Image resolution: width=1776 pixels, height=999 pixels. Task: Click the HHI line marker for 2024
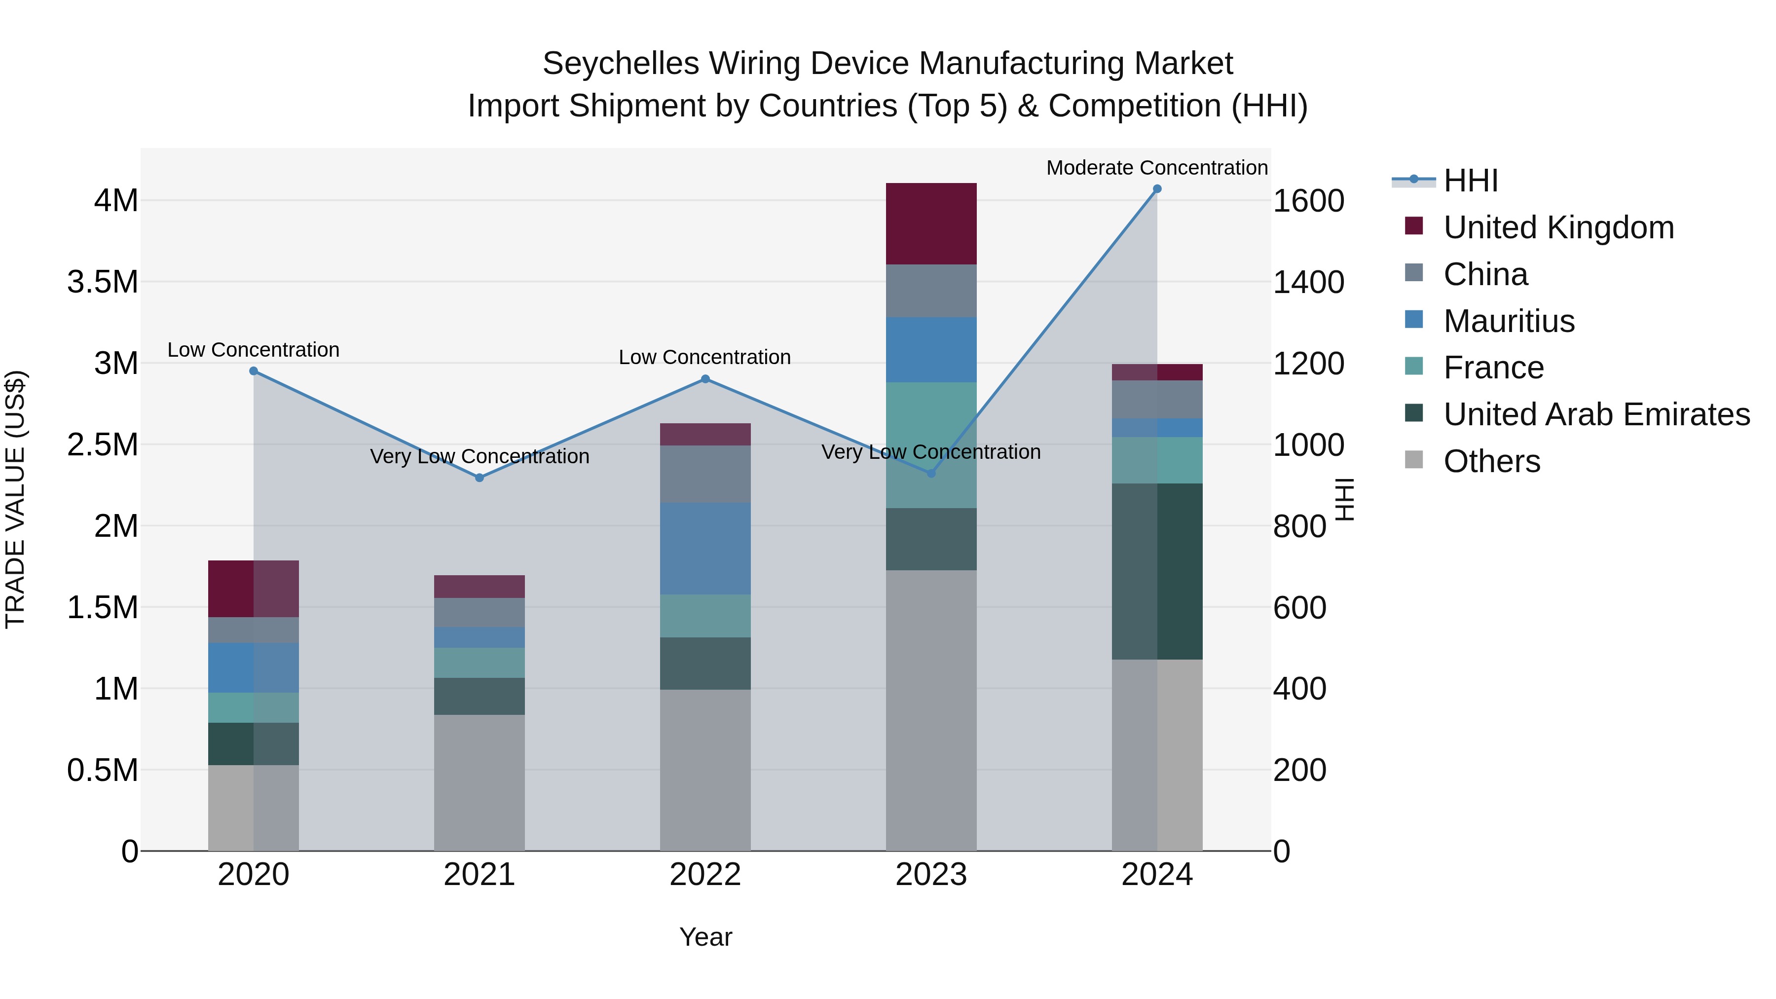pos(1157,189)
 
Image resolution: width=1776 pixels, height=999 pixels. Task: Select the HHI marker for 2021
pos(480,478)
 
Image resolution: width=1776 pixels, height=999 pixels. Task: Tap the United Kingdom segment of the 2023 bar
pos(931,223)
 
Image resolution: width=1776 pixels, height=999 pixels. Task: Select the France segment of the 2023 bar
pos(931,444)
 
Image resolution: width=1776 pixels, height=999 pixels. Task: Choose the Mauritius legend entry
pos(1509,321)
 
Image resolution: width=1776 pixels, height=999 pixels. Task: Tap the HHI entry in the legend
pos(1470,181)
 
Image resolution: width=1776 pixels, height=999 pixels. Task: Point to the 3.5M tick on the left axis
pos(103,282)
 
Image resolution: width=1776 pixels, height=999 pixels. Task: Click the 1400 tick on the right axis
pos(1308,282)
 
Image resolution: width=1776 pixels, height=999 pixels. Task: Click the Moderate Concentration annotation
pos(1156,168)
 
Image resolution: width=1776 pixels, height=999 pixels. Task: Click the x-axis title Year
pos(705,937)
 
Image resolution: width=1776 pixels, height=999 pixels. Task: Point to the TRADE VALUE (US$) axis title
pos(15,499)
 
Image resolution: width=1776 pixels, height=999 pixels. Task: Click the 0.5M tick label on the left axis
pos(103,770)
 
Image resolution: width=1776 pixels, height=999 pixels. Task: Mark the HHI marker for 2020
pos(254,371)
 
